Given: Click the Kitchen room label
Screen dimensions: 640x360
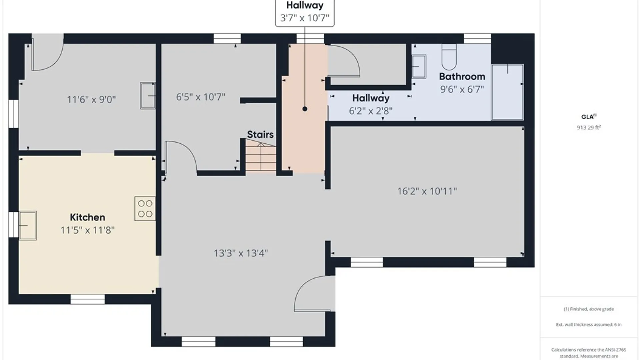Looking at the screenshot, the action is pyautogui.click(x=87, y=217).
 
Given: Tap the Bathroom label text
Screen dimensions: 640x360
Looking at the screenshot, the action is pyautogui.click(x=462, y=77).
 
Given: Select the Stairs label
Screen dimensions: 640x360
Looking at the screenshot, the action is pyautogui.click(x=260, y=134).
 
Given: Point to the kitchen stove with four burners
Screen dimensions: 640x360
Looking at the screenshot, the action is pyautogui.click(x=145, y=209).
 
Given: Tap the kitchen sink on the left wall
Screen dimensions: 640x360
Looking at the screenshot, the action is pyautogui.click(x=27, y=225).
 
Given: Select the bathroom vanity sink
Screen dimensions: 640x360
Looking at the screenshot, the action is pyautogui.click(x=419, y=67).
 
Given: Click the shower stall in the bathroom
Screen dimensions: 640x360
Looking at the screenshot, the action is pyautogui.click(x=507, y=92).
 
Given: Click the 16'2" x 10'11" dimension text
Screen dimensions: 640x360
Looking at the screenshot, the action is pyautogui.click(x=427, y=191).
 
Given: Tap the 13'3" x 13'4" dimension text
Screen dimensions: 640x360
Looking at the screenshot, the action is pyautogui.click(x=241, y=253).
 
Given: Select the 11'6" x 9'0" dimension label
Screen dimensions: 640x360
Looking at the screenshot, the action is pyautogui.click(x=91, y=99).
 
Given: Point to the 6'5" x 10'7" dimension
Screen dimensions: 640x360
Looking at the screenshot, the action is pyautogui.click(x=201, y=97).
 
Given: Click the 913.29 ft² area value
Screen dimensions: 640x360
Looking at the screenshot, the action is pyautogui.click(x=589, y=127).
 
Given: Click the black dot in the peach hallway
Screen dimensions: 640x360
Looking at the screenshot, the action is pyautogui.click(x=305, y=109).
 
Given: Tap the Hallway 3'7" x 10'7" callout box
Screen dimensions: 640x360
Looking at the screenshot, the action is pyautogui.click(x=305, y=13).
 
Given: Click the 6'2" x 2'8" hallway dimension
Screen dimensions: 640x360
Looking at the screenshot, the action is pyautogui.click(x=371, y=111).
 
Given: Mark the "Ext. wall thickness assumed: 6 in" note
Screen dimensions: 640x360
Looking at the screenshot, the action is pyautogui.click(x=589, y=324).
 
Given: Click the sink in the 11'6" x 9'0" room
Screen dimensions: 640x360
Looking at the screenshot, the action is pyautogui.click(x=148, y=96).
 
